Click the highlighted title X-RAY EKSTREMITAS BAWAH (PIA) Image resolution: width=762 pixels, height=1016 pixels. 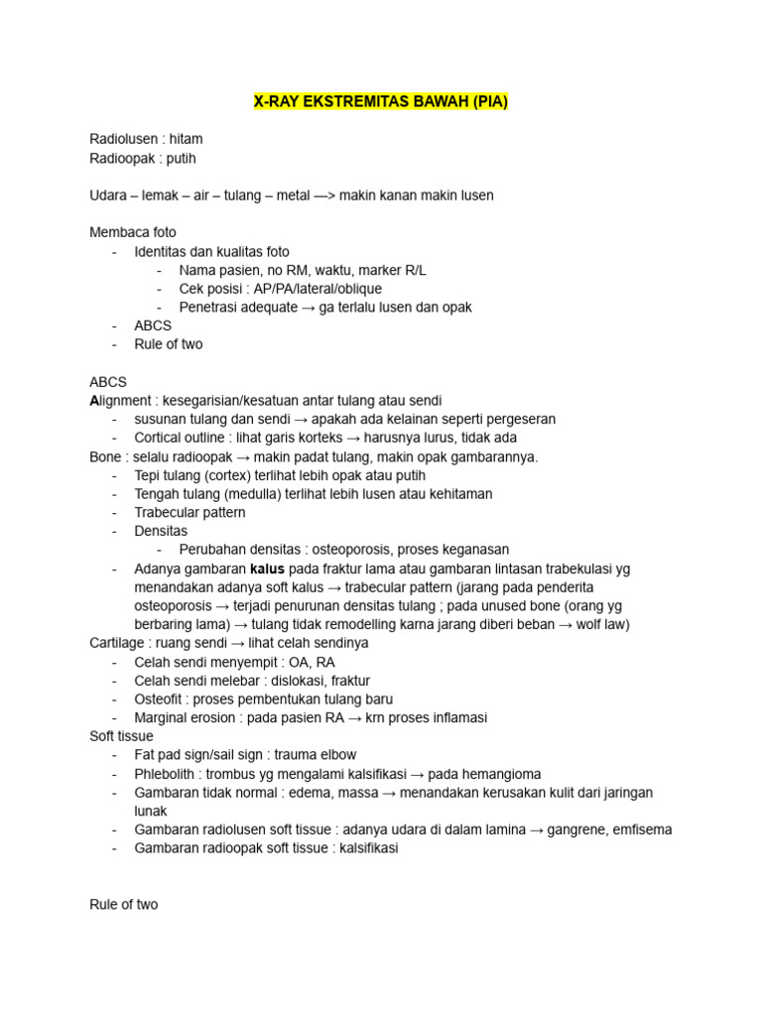381,101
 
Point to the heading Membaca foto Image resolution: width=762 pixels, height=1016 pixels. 132,232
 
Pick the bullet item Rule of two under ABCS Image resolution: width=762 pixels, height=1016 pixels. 169,344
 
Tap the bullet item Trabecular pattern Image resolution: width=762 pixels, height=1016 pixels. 190,513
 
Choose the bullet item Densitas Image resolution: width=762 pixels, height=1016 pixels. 161,531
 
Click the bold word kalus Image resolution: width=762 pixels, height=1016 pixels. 268,569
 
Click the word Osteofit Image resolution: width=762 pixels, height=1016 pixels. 161,698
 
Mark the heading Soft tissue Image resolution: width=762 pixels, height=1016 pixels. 121,736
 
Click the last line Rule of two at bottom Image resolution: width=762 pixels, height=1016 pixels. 123,905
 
